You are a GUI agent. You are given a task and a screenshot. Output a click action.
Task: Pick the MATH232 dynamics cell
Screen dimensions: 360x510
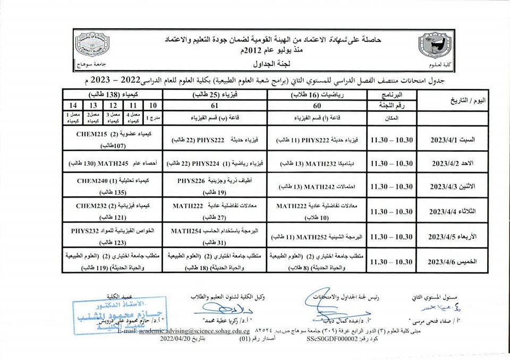tap(317, 162)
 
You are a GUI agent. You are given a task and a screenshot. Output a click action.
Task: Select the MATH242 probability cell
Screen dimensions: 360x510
tap(317, 186)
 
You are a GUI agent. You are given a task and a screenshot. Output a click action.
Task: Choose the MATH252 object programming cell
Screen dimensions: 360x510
tap(317, 237)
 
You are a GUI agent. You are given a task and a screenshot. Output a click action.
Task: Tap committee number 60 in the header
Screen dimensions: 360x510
tap(317, 106)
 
